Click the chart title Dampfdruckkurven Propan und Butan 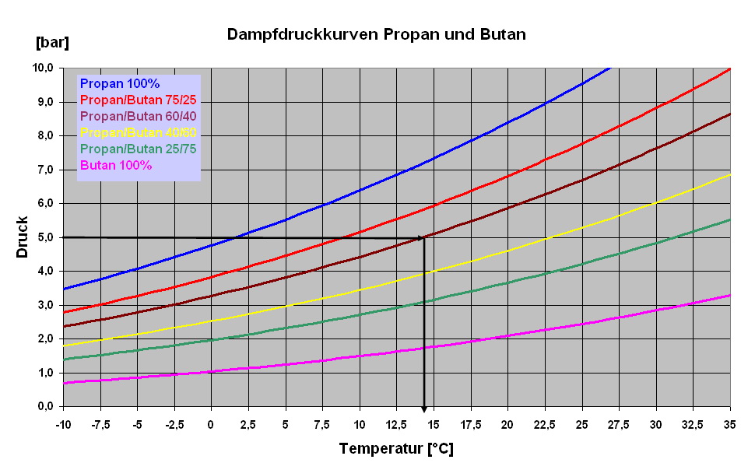pyautogui.click(x=377, y=35)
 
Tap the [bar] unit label pyautogui.click(x=52, y=42)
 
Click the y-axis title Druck pyautogui.click(x=24, y=237)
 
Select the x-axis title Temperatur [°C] pyautogui.click(x=396, y=449)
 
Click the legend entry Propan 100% pyautogui.click(x=120, y=83)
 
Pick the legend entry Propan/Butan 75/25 pyautogui.click(x=138, y=100)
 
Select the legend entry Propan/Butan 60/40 pyautogui.click(x=138, y=116)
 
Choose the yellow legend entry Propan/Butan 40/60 pyautogui.click(x=138, y=132)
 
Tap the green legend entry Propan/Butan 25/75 pyautogui.click(x=138, y=149)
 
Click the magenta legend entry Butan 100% pyautogui.click(x=116, y=165)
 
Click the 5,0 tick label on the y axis pyautogui.click(x=44, y=237)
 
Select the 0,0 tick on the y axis pyautogui.click(x=44, y=407)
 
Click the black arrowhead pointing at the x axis pyautogui.click(x=424, y=408)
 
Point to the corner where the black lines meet pyautogui.click(x=424, y=237)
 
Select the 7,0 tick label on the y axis pyautogui.click(x=44, y=170)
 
